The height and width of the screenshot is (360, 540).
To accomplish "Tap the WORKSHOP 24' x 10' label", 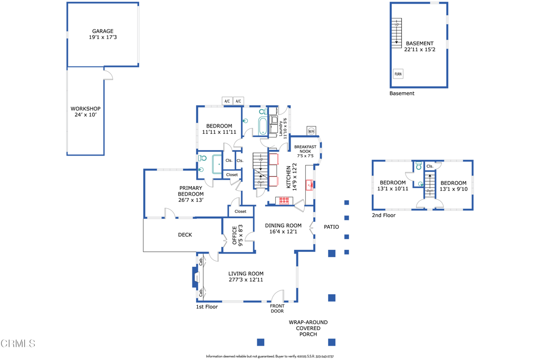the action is click(85, 112).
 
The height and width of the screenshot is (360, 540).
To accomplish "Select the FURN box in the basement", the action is click(398, 74).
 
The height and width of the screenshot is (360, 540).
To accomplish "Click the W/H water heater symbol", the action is click(311, 131).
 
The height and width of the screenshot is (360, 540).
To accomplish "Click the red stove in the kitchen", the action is click(284, 200).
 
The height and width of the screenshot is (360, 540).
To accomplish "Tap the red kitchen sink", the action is click(310, 185).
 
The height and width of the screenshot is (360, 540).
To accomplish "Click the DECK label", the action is click(185, 235).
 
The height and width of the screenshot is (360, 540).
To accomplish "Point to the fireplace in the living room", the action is click(195, 277).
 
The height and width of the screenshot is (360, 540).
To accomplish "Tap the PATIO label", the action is click(331, 227).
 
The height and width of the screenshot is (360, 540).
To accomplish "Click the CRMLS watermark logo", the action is click(18, 343).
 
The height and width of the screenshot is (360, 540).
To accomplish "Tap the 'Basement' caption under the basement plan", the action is click(402, 93).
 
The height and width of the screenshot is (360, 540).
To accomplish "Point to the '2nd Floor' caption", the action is click(384, 215).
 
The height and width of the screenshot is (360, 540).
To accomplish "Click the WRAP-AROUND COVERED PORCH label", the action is click(308, 328).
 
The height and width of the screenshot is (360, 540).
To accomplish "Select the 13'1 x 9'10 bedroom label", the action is click(454, 186).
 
